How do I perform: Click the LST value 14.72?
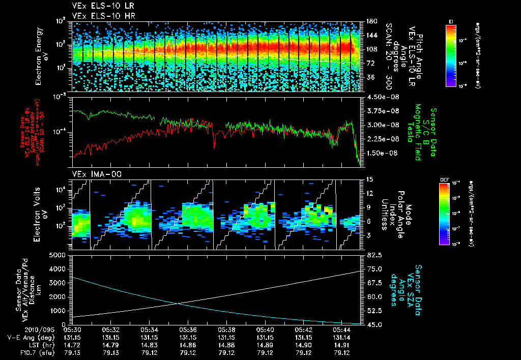[x=71, y=344]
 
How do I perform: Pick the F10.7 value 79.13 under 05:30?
[x=71, y=352]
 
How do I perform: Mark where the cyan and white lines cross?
[x=178, y=304]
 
